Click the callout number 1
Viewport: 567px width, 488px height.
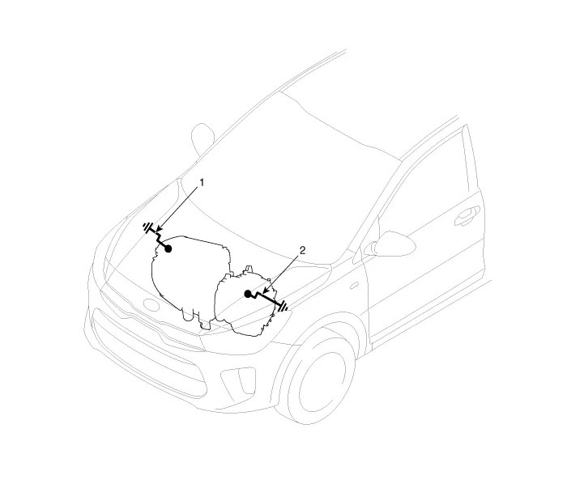pyautogui.click(x=202, y=182)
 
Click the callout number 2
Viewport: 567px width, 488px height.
pyautogui.click(x=303, y=250)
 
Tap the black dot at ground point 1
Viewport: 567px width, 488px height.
pyautogui.click(x=168, y=248)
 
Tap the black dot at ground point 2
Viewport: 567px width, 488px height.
pyautogui.click(x=248, y=294)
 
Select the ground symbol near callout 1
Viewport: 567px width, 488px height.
pyautogui.click(x=147, y=227)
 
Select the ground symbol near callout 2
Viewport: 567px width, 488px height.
pyautogui.click(x=283, y=306)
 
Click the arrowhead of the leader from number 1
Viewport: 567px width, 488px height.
pyautogui.click(x=159, y=229)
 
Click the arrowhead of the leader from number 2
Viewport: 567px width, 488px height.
pyautogui.click(x=265, y=290)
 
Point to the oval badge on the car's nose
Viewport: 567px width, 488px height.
pyautogui.click(x=151, y=304)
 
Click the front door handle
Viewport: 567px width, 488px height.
pyautogui.click(x=467, y=215)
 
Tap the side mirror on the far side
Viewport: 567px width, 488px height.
pyautogui.click(x=202, y=140)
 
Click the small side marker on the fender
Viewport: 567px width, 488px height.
pyautogui.click(x=354, y=286)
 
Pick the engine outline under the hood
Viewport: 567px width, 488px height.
pyautogui.click(x=190, y=278)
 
